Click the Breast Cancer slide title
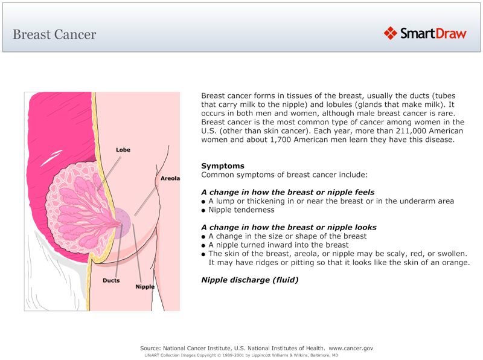click(x=54, y=34)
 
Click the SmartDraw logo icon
click(x=390, y=33)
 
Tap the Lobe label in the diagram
click(x=123, y=150)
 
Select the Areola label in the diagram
click(x=170, y=179)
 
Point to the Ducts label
click(x=111, y=280)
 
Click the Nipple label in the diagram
click(x=144, y=286)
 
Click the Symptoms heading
click(x=222, y=166)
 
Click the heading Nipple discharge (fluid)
click(x=249, y=280)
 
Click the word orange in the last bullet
click(x=456, y=262)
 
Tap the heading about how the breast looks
click(x=289, y=227)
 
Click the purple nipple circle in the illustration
click(x=121, y=218)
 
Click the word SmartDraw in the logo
click(x=433, y=34)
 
